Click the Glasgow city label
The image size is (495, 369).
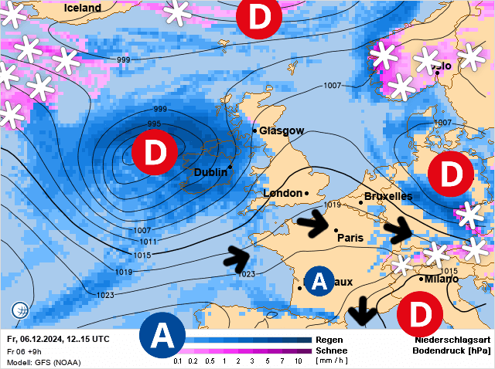tap(282, 130)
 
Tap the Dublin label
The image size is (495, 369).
tap(210, 172)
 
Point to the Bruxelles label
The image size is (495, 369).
tap(387, 197)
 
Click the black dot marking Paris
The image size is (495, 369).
tap(336, 230)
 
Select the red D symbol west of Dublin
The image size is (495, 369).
tap(155, 152)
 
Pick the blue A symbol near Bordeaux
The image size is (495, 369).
tap(319, 282)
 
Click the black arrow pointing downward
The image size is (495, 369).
tap(361, 314)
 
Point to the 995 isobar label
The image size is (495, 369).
tap(154, 124)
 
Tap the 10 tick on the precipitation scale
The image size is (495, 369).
tap(298, 361)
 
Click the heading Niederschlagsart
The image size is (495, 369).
tap(452, 340)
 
